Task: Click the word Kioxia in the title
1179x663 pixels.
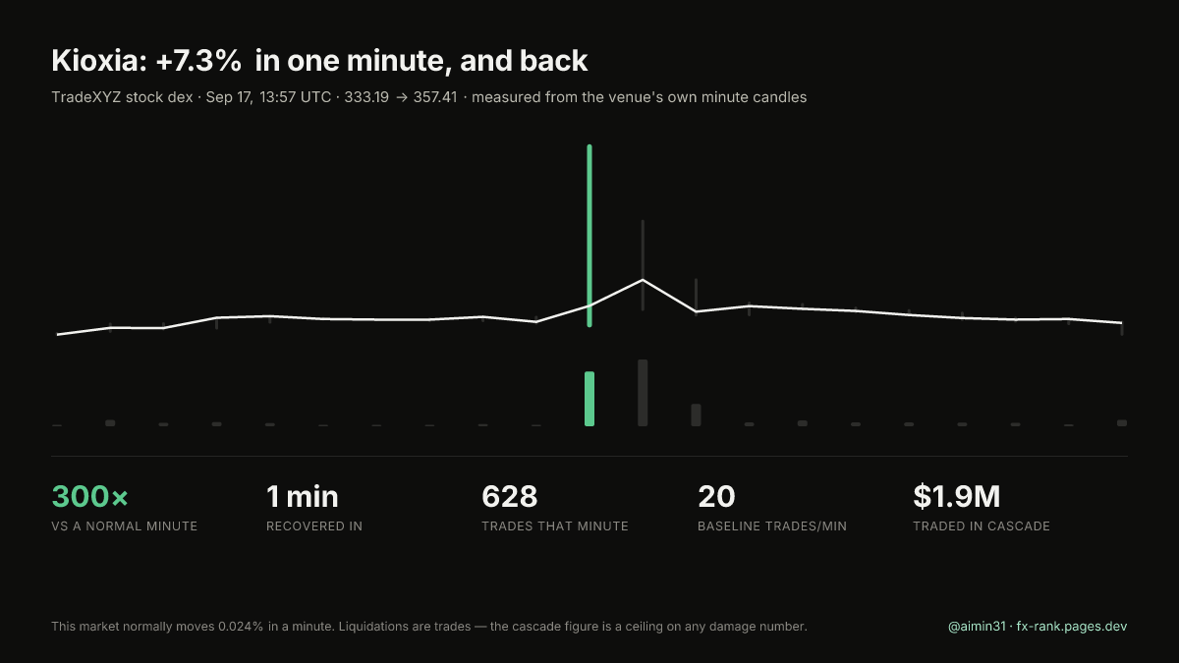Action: click(99, 61)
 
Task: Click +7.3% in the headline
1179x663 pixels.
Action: click(198, 61)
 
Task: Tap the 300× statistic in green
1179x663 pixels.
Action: click(90, 496)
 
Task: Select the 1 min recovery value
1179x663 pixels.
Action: click(303, 496)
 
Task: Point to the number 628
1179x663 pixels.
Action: click(510, 496)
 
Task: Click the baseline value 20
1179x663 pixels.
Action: click(716, 496)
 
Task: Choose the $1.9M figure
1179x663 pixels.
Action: click(956, 496)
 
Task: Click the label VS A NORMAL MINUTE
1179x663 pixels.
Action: click(124, 526)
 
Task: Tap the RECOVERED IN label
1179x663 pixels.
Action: click(314, 526)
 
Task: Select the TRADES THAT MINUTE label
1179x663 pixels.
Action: click(555, 526)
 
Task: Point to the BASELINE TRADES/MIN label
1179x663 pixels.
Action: click(772, 526)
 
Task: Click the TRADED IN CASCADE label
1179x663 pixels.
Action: click(982, 526)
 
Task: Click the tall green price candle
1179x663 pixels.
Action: click(589, 236)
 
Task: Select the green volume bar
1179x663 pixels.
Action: click(589, 399)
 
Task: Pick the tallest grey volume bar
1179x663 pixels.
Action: click(643, 393)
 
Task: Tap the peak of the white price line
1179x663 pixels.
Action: click(643, 280)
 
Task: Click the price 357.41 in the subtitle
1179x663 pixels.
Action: click(435, 97)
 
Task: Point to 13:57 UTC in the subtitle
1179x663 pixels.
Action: click(296, 97)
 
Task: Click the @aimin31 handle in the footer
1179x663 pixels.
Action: click(977, 627)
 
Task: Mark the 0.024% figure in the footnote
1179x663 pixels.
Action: click(241, 627)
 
